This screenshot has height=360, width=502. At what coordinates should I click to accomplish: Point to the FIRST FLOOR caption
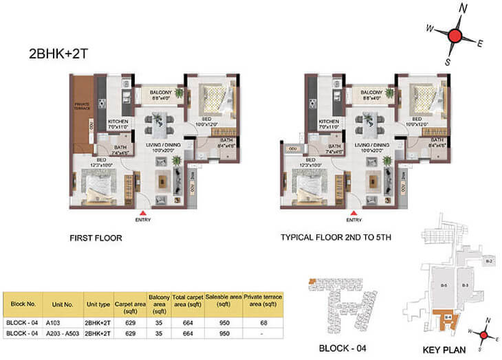[96, 238]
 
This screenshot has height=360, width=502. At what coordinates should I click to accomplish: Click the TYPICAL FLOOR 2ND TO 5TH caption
[336, 238]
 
